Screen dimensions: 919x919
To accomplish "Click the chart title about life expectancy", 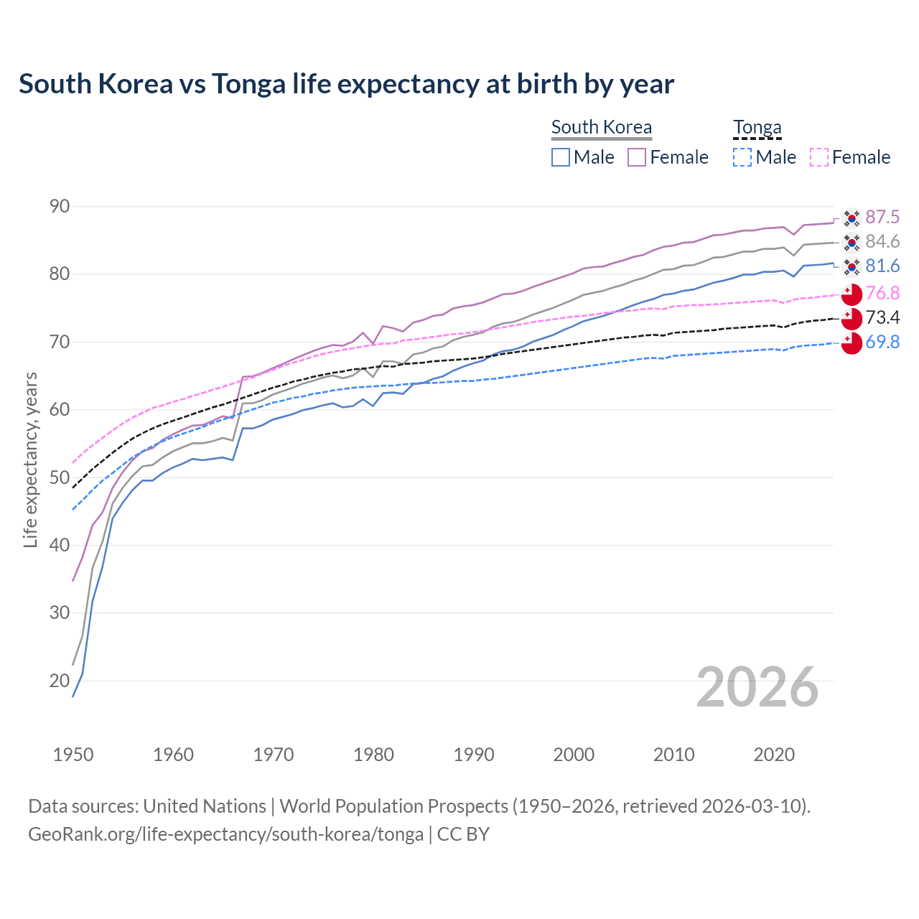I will click(x=346, y=84).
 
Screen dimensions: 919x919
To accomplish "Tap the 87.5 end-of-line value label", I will click(x=882, y=217).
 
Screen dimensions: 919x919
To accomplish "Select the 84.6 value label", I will click(x=882, y=241).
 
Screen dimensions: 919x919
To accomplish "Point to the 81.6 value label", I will click(x=882, y=266).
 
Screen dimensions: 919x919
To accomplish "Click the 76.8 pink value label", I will click(x=882, y=293).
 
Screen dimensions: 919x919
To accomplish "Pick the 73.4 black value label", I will click(x=882, y=317).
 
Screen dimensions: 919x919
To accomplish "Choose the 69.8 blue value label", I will click(x=882, y=342).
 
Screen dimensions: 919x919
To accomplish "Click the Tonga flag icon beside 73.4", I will click(x=852, y=318).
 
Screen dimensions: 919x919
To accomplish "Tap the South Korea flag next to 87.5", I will click(x=852, y=218).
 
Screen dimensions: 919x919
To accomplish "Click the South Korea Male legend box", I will click(x=561, y=157).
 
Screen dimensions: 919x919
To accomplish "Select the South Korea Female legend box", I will click(x=637, y=157).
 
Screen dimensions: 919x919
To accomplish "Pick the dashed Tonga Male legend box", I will click(x=742, y=157).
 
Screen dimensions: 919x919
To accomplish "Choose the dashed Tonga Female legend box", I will click(x=819, y=157).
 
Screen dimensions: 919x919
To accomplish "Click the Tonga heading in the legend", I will click(x=757, y=128).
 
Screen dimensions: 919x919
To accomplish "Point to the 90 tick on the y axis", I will click(x=60, y=207).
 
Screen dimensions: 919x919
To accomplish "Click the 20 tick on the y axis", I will click(x=60, y=681).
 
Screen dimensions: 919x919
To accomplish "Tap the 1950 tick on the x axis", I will click(x=73, y=755).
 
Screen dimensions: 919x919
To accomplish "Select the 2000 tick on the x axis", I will click(x=574, y=755).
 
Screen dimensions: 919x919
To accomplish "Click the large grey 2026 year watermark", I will click(x=757, y=687).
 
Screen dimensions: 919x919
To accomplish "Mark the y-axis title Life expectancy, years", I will click(x=30, y=459).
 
